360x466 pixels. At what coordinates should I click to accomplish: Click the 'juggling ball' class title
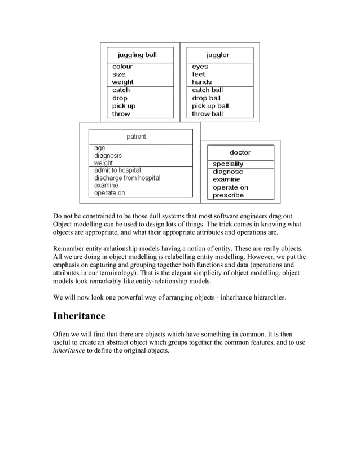137,55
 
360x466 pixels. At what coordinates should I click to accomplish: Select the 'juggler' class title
218,55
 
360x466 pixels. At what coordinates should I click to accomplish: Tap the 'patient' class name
136,137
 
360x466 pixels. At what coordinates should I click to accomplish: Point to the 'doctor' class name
240,152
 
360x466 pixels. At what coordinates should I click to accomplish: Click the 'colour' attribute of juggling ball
122,67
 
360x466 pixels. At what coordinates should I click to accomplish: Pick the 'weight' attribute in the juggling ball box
122,82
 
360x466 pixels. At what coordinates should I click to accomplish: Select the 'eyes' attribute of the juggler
200,67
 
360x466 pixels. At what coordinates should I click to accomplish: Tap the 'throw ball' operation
207,114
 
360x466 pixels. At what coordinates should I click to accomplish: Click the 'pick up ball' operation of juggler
210,106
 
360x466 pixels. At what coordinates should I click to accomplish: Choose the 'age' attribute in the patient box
99,148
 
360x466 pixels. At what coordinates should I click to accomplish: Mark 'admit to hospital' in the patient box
117,170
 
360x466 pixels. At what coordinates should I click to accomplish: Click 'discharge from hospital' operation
127,178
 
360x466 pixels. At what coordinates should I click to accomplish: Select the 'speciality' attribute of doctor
228,164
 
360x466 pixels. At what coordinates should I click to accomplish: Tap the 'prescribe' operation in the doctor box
228,195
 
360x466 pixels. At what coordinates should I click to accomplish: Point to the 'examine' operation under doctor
226,179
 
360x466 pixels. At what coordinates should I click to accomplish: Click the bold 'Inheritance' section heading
79,316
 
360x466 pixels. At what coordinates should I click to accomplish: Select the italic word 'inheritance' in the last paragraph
64,350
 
